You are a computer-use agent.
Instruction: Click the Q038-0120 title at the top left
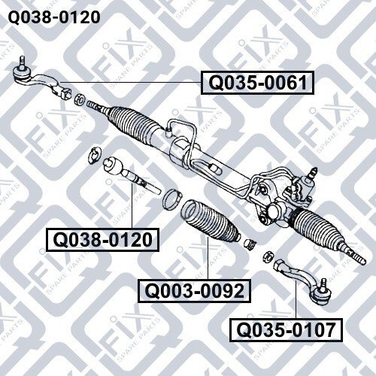pos(54,17)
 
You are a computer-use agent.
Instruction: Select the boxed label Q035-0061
pos(257,83)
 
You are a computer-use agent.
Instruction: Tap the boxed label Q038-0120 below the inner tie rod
pos(103,240)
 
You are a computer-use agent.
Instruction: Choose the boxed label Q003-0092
pos(195,291)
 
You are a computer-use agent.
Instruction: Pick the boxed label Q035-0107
pos(286,330)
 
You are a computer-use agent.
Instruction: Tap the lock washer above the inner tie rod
pos(95,156)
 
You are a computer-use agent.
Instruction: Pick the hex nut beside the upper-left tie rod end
pos(80,99)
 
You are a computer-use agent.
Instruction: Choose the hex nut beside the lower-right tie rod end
pos(268,256)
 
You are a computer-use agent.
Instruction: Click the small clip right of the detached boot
pos(250,244)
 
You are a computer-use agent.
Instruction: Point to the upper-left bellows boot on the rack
pos(134,126)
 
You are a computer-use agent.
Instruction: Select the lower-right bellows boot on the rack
pos(317,227)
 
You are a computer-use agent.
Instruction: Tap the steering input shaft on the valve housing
pos(313,172)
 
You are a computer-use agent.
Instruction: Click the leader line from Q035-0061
pos(131,82)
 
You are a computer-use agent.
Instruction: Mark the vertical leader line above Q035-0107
pos(296,299)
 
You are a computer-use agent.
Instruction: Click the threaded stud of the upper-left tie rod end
pos(23,61)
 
